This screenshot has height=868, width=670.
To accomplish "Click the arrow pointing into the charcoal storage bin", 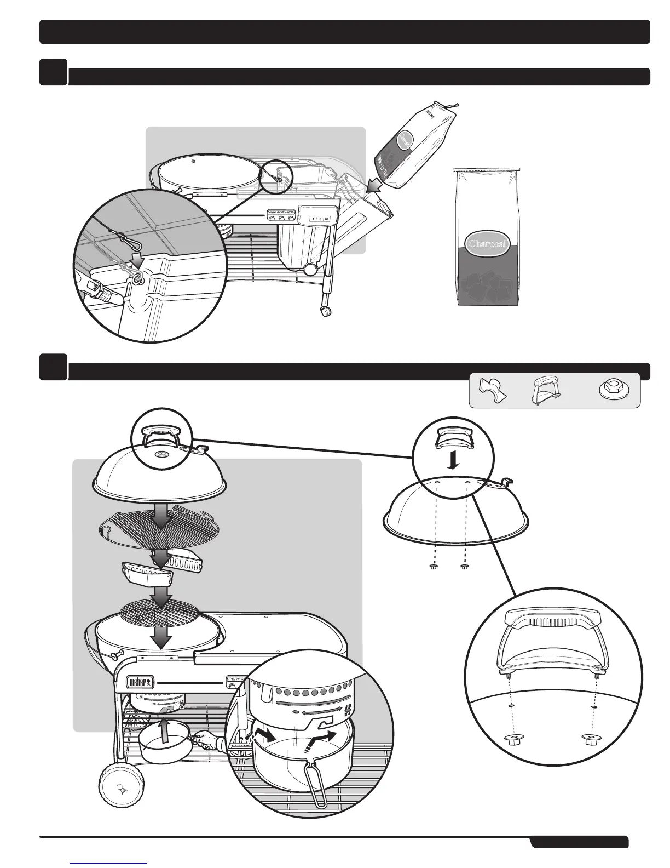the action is click(374, 186).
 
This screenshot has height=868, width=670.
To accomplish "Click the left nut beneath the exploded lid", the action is click(434, 567).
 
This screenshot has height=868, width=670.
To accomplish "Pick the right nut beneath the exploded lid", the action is click(464, 567).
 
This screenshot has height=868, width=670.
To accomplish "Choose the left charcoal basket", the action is click(145, 574).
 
